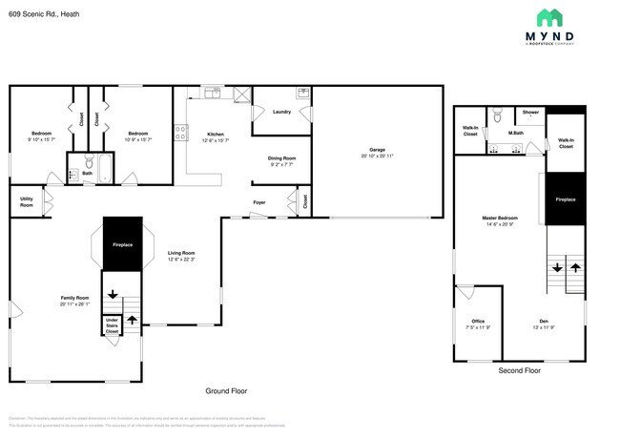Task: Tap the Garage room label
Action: (377, 150)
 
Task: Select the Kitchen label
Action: (216, 134)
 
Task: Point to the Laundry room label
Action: (281, 112)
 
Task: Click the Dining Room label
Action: (281, 157)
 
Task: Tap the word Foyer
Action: (258, 202)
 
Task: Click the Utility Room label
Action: (27, 202)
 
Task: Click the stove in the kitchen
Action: (179, 134)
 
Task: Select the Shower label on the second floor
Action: (530, 112)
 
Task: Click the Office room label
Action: (478, 321)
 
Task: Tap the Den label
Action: (543, 321)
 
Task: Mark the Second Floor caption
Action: (519, 370)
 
